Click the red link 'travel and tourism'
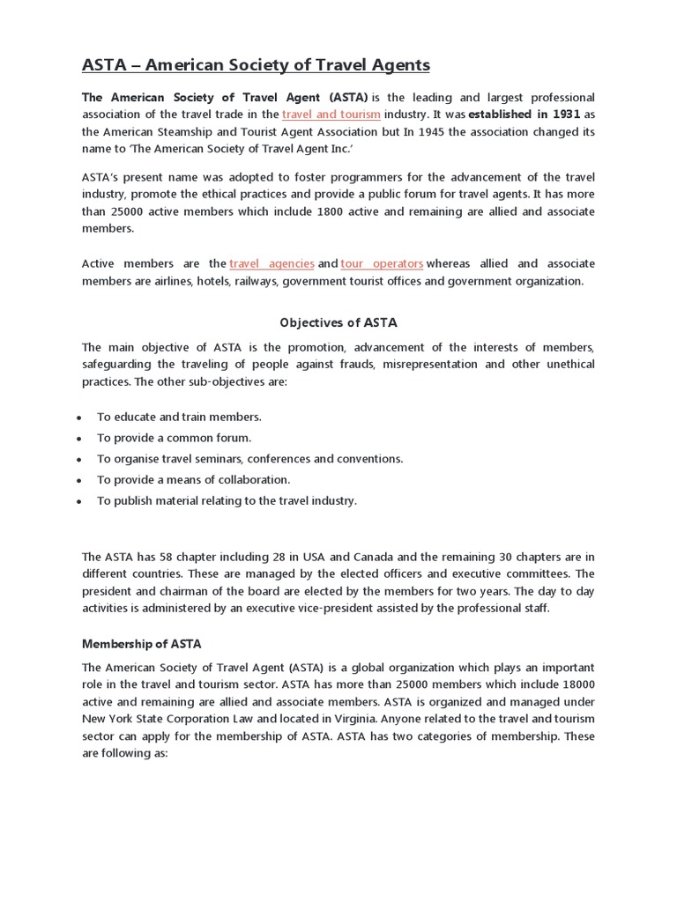click(331, 115)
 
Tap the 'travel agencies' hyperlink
click(272, 263)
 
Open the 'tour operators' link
click(382, 263)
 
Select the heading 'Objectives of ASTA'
click(338, 322)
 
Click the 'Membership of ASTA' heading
click(141, 644)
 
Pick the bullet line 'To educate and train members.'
click(179, 417)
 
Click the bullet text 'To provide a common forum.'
click(174, 438)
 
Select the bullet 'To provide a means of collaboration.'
click(193, 480)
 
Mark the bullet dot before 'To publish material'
click(79, 501)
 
